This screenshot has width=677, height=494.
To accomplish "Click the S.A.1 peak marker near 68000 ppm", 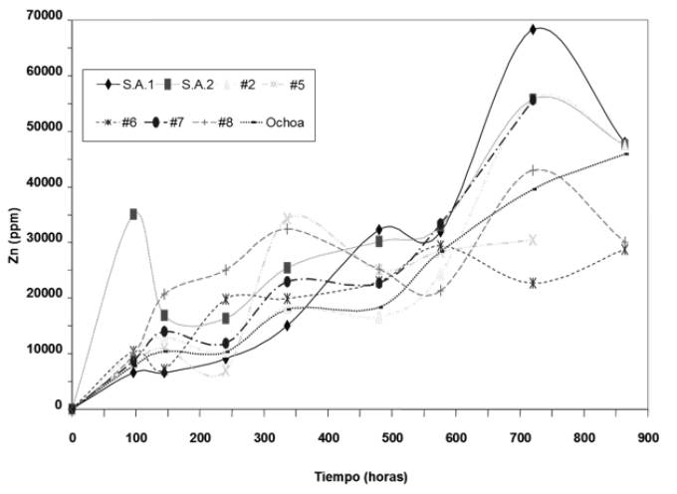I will point(533,29).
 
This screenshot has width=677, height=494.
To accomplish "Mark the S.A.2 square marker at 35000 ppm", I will point(133,213).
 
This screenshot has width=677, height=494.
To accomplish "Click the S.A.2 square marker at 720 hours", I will point(533,99).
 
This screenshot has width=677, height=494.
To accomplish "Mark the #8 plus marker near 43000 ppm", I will point(534,170).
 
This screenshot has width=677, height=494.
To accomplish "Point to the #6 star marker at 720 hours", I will point(533,283).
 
